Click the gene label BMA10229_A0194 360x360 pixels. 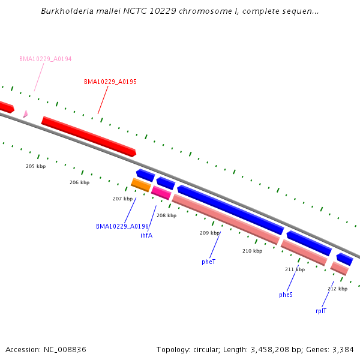coord(45,59)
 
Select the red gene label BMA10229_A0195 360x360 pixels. coord(110,82)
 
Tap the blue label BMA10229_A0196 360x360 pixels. coord(122,226)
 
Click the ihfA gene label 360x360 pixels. coord(146,235)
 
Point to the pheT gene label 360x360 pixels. coord(208,262)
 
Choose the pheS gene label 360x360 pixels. coord(286,295)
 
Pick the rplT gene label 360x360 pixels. coord(321,311)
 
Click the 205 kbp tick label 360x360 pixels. coord(35,166)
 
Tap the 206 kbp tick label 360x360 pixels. coord(79,182)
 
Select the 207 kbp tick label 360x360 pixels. coord(122,199)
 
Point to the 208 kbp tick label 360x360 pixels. coord(166,215)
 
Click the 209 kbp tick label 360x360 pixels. coord(209,233)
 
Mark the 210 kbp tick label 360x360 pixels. coord(252,251)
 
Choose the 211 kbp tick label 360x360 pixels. coord(295,269)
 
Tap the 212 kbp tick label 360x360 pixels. coord(337,289)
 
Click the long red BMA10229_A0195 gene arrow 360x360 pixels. coord(89,136)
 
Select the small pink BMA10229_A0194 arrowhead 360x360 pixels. coord(25,113)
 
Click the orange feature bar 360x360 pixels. coord(140,185)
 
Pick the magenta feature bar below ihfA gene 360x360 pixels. coord(161,192)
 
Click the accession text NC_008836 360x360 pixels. coord(64,349)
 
